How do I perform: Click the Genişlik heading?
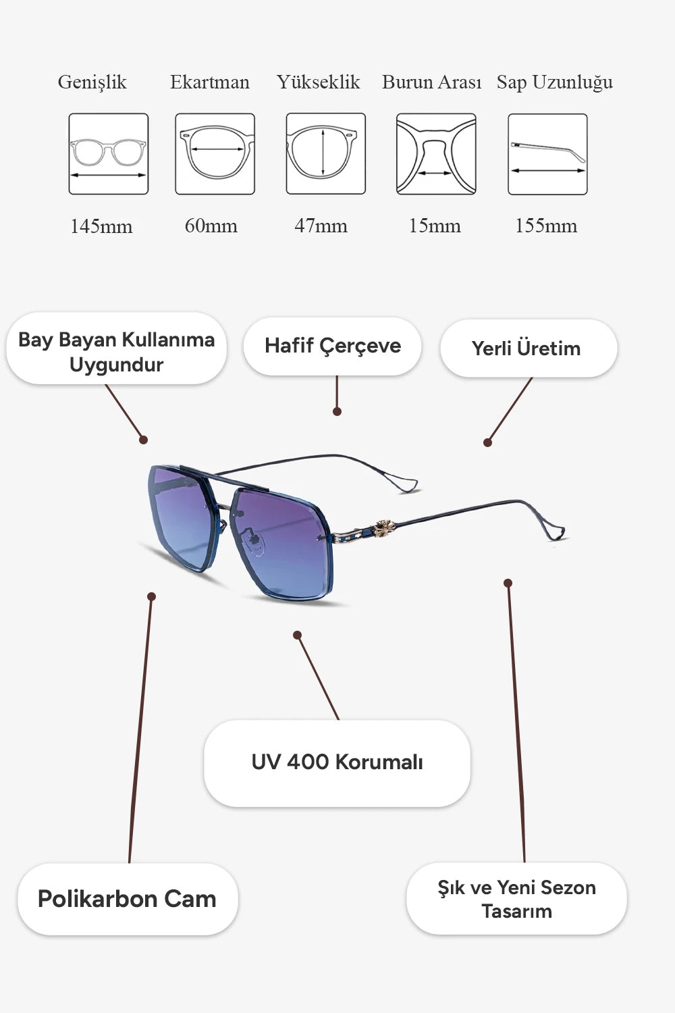click(92, 83)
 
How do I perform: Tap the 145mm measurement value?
click(101, 226)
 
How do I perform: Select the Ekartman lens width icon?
click(215, 154)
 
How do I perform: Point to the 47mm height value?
click(321, 226)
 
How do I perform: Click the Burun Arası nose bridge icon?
click(436, 154)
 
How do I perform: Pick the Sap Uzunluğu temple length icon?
click(547, 154)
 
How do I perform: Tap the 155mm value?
click(546, 226)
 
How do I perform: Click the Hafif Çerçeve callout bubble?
click(332, 346)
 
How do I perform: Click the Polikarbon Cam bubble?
click(128, 899)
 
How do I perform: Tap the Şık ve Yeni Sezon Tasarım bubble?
click(516, 899)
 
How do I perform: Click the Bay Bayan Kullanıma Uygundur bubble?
click(116, 348)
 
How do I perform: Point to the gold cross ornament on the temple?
click(384, 528)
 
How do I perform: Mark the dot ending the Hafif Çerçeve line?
click(337, 411)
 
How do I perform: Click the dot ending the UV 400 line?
click(297, 635)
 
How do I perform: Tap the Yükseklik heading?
click(319, 83)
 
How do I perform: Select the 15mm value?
click(435, 226)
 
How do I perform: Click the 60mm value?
click(211, 226)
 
